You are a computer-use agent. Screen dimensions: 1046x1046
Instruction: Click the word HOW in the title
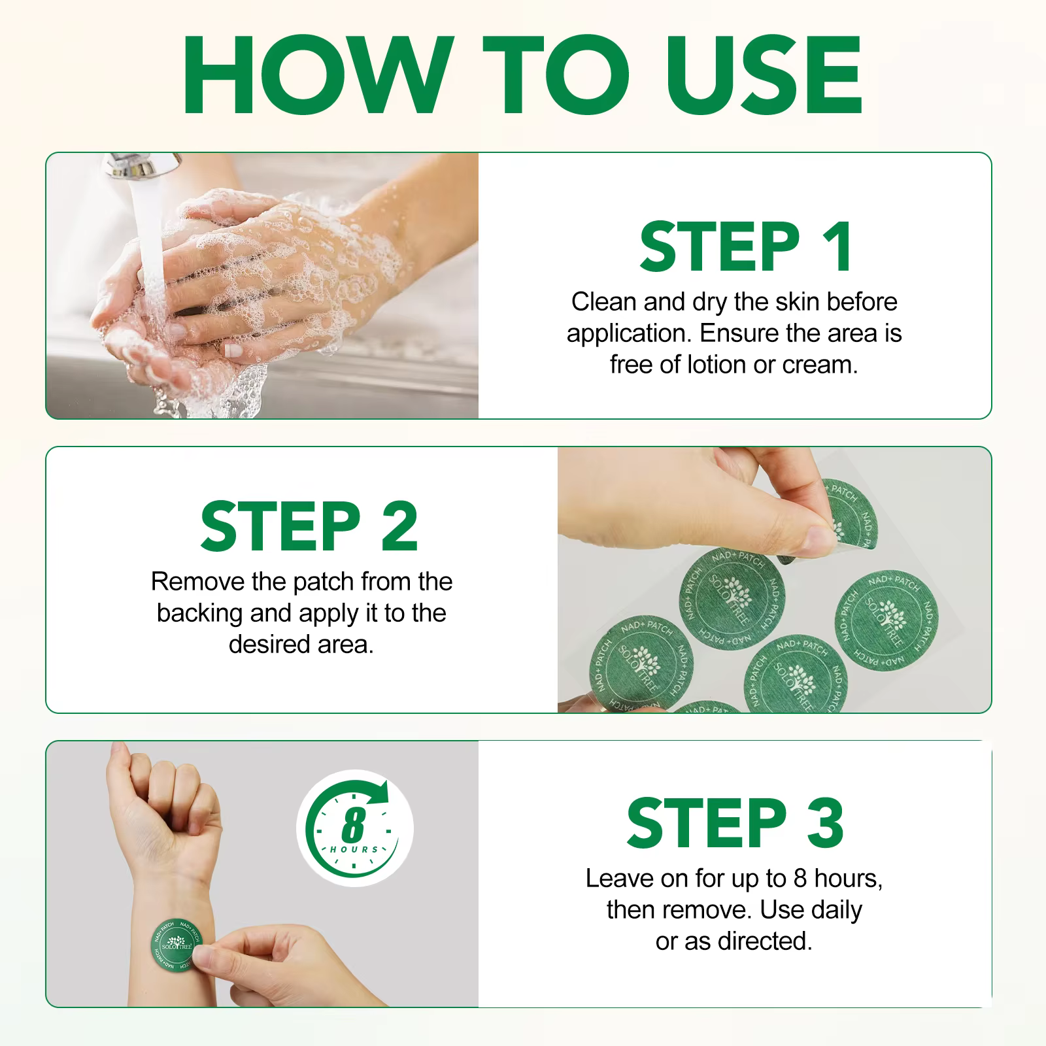click(318, 76)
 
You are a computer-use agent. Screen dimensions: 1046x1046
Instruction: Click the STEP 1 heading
click(746, 246)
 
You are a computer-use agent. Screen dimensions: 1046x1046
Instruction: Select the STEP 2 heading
click(309, 526)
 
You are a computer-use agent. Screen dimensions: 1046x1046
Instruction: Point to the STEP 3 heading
click(735, 822)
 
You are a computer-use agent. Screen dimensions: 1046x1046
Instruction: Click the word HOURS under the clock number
click(354, 849)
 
